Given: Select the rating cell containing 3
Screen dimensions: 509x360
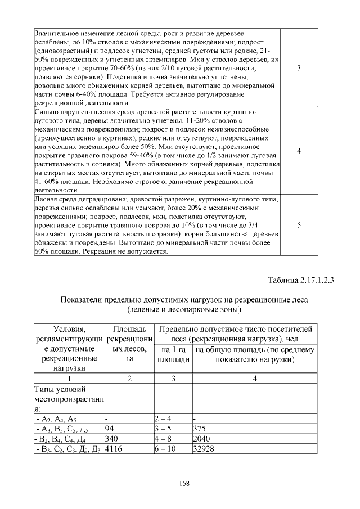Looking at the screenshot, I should coord(299,68).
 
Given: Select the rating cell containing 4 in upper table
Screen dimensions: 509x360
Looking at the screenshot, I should coord(299,151).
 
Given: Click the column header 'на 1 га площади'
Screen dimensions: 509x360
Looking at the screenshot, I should coord(173,354).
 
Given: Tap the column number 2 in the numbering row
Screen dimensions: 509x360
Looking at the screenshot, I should coord(129,379).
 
